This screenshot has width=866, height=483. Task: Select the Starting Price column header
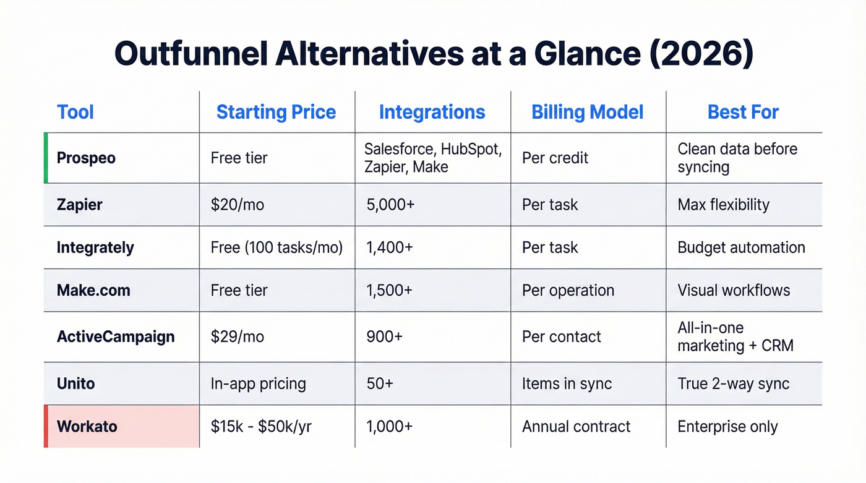click(x=276, y=112)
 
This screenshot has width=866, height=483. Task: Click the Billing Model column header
click(x=587, y=112)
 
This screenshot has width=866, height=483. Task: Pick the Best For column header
click(x=743, y=112)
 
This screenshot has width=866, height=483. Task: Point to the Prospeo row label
click(x=86, y=158)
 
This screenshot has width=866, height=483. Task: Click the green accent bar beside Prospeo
click(x=46, y=158)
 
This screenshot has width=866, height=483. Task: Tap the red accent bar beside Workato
click(x=46, y=426)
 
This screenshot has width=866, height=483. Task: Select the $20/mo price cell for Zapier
click(x=237, y=204)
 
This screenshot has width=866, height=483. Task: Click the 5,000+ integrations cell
click(x=390, y=204)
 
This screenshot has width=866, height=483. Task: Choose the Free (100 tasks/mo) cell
click(x=277, y=247)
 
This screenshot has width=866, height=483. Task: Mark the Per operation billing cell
click(x=568, y=290)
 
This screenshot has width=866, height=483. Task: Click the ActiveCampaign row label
click(x=116, y=336)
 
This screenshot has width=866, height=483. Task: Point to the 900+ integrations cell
click(x=384, y=336)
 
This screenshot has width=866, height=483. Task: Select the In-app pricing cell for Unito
click(x=258, y=383)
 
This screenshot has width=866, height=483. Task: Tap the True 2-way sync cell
click(x=733, y=383)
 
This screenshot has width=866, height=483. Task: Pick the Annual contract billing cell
click(x=576, y=426)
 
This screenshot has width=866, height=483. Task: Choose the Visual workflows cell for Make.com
click(x=734, y=290)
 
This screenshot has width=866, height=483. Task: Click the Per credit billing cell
click(x=555, y=158)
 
